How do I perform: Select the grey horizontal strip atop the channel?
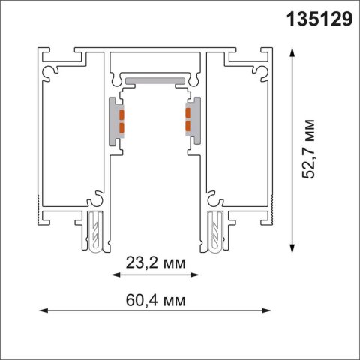pos(154,79)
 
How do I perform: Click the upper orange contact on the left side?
pos(118,113)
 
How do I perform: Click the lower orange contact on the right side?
pos(187,125)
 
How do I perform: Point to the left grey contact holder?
pos(115,120)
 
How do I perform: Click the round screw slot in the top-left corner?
pos(52,69)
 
